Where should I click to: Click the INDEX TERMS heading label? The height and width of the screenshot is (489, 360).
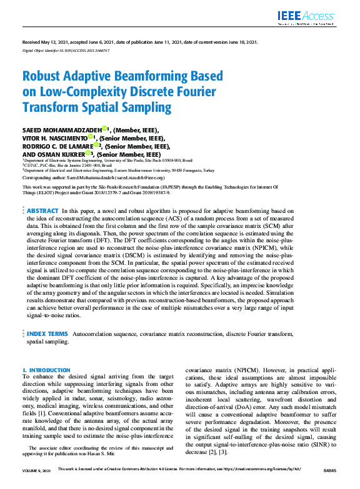(47, 334)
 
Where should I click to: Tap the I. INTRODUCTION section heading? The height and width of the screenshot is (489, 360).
(47, 370)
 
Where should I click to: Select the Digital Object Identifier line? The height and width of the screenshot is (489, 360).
(66, 49)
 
